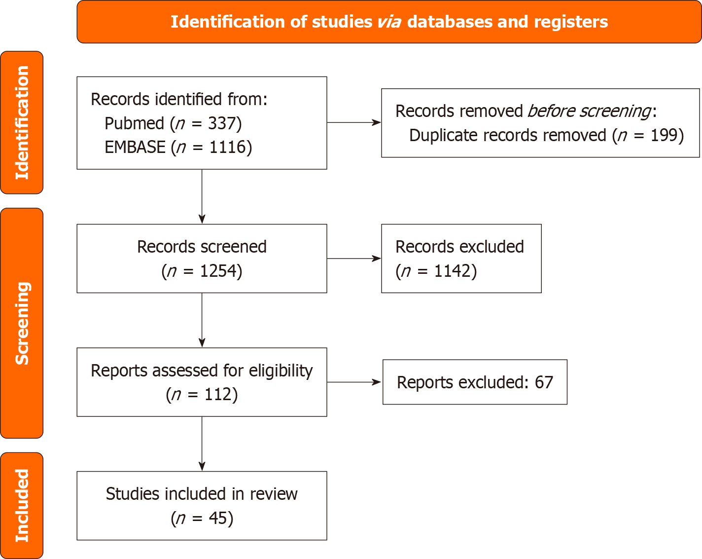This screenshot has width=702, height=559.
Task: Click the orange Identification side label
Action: click(22, 122)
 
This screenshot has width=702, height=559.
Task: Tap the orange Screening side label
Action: click(22, 323)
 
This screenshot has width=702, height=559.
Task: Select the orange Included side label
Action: click(22, 505)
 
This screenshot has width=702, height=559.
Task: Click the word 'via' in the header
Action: click(389, 22)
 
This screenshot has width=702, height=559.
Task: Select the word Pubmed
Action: click(134, 123)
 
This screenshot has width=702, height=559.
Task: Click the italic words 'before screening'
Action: click(589, 111)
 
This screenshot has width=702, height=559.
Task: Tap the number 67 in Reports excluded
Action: click(544, 382)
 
